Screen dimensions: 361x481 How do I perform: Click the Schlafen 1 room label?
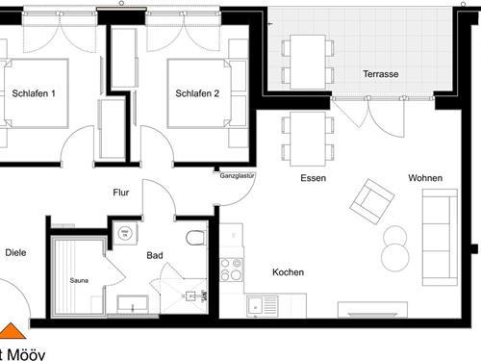(x=35, y=93)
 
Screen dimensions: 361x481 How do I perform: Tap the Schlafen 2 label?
(x=198, y=93)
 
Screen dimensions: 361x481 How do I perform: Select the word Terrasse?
(x=381, y=74)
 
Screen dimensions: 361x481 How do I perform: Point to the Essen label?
(x=313, y=178)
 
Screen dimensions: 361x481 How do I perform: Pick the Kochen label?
(x=288, y=272)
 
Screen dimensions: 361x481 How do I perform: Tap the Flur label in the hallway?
(x=121, y=193)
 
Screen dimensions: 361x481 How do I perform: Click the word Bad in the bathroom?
(x=155, y=257)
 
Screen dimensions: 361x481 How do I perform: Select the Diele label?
(x=15, y=253)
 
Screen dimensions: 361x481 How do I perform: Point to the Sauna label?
(x=79, y=280)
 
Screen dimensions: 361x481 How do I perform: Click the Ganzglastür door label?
(x=236, y=176)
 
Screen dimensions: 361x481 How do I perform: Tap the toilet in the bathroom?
(x=195, y=236)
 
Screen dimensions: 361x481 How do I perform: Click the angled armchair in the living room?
(x=372, y=199)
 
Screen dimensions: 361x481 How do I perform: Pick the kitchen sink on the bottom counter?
(x=262, y=306)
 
